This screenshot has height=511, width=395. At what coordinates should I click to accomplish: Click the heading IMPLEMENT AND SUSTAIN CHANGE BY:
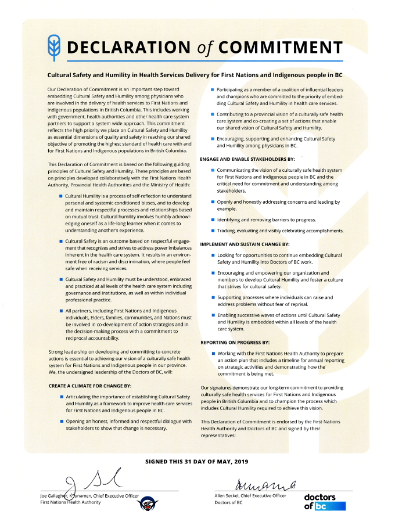pos(245,244)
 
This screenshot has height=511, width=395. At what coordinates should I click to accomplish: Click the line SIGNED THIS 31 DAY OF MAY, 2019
pos(197,461)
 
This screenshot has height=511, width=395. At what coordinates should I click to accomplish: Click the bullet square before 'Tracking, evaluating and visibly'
pos(213,231)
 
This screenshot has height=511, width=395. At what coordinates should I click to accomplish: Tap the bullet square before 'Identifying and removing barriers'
pos(213,220)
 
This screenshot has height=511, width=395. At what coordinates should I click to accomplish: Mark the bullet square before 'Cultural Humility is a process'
pos(61,197)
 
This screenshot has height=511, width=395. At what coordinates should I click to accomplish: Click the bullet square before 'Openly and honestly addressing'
pos(213,202)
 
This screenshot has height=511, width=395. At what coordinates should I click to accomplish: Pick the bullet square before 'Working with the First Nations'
pos(213,353)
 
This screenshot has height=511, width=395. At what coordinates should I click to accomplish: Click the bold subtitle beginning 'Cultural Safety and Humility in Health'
pos(197,75)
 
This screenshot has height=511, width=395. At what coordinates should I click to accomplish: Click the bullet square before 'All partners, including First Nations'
pos(61,312)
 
